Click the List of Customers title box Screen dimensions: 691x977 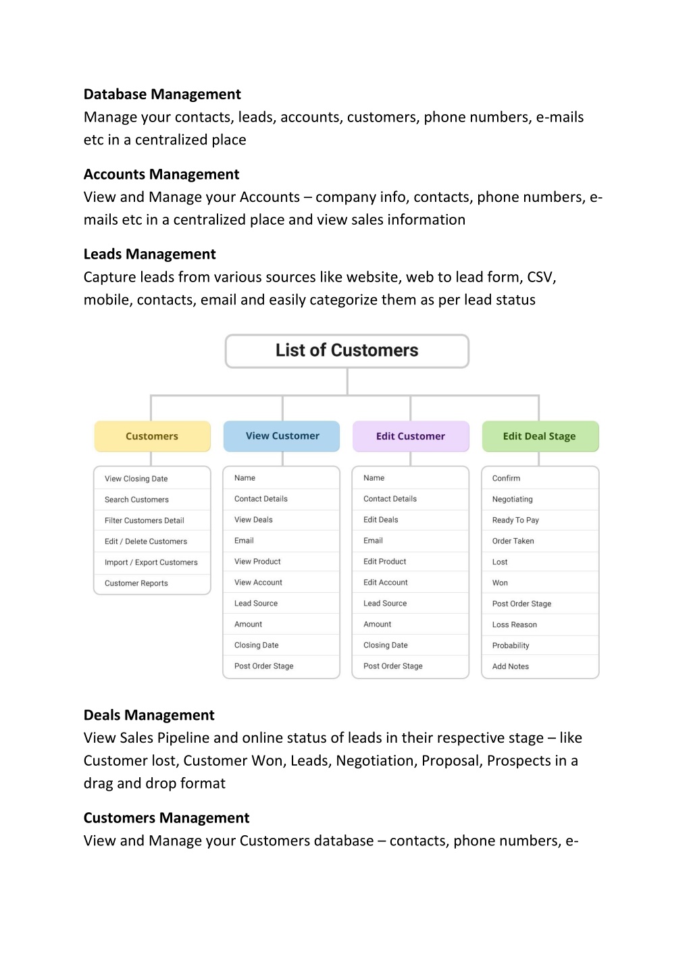347,351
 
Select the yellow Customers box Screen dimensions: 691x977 152,436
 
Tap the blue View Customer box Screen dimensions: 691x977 282,436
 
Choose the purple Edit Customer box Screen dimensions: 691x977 411,436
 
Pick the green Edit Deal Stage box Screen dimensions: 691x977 540,436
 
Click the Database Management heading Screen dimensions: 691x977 162,95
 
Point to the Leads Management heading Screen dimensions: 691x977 150,255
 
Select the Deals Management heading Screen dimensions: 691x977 149,715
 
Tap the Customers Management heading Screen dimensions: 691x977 166,818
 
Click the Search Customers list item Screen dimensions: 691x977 136,500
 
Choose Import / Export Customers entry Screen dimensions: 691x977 151,562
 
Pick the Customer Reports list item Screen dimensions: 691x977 136,583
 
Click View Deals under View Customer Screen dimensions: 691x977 253,519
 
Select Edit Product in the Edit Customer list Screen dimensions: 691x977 385,561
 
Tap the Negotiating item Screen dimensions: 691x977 513,499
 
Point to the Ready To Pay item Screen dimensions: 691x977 515,520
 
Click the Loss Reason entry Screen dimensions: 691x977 515,625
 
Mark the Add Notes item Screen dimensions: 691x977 511,666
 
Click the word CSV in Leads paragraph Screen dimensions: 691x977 541,278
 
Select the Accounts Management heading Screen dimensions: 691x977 161,174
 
